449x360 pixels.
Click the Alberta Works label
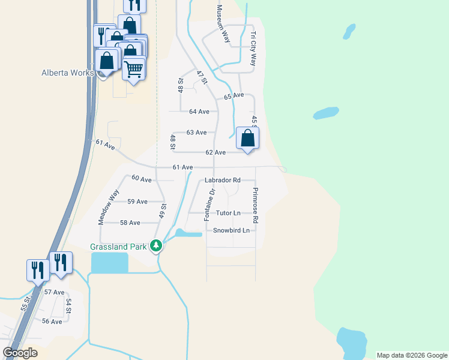click(67, 73)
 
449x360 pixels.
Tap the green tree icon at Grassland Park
click(156, 245)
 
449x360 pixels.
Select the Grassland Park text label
click(118, 247)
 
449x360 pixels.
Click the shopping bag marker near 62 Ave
click(247, 139)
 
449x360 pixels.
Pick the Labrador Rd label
click(222, 180)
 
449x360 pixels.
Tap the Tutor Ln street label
click(228, 213)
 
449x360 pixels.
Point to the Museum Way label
click(223, 24)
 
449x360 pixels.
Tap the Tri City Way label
click(253, 49)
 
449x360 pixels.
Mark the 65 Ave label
click(234, 95)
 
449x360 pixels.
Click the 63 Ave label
click(196, 133)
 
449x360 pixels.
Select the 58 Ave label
click(130, 223)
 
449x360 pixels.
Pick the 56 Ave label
click(52, 322)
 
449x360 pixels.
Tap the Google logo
click(20, 353)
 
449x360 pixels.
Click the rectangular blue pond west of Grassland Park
click(109, 262)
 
